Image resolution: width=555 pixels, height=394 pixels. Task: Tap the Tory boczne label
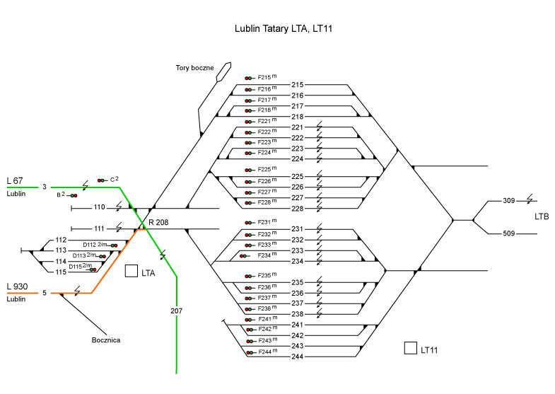coord(195,68)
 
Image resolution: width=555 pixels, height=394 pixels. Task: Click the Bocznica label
coord(107,340)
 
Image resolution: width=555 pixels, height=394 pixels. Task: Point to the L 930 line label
coord(18,286)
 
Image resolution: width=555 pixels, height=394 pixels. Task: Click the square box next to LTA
coord(130,271)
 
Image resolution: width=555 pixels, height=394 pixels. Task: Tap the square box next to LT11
coord(409,348)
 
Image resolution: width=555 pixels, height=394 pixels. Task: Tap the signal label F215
coord(264,78)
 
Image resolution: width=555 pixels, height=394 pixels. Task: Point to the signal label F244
coord(264,352)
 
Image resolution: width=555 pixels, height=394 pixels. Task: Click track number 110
coord(99,208)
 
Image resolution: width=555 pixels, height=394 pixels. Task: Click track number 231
coord(297,228)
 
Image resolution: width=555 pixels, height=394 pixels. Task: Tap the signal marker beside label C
coord(102,180)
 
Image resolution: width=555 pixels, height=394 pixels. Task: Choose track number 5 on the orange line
coord(45,293)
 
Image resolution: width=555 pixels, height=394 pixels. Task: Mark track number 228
coord(297,209)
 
